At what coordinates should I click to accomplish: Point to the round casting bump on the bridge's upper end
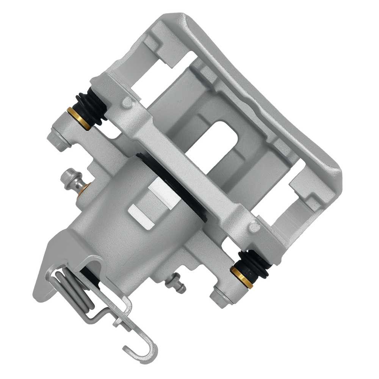click(128, 102)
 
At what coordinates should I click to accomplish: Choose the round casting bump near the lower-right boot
click(255, 227)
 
